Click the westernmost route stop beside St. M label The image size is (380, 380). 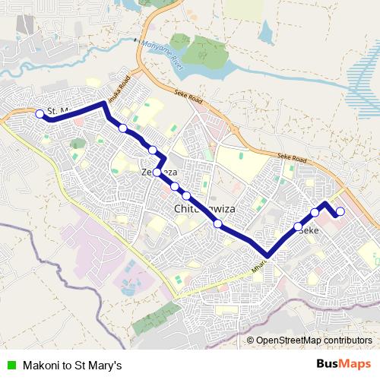coord(40,114)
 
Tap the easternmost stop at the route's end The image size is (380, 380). coord(340,211)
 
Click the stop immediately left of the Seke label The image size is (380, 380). coord(298,226)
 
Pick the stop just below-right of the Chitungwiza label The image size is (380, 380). coord(218,223)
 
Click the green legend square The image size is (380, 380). coord(11,366)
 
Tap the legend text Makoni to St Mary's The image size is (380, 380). coord(72,366)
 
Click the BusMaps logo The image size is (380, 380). coord(344,364)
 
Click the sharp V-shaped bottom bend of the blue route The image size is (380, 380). coord(268,256)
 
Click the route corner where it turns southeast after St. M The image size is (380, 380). coord(104,103)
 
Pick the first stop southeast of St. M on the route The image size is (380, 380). coord(123,128)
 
